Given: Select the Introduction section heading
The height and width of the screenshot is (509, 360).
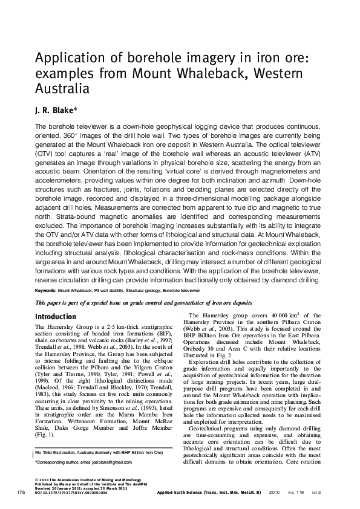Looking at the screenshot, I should tap(55, 317).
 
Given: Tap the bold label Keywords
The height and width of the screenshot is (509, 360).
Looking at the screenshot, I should tap(50, 290).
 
